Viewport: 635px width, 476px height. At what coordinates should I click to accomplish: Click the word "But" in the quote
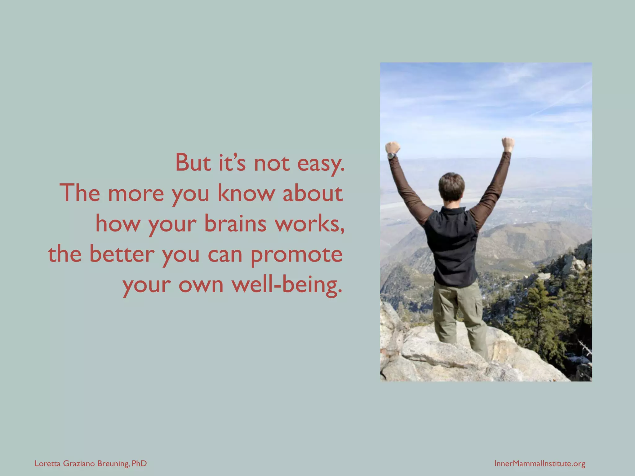click(x=193, y=163)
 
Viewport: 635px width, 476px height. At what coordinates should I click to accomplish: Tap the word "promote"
click(x=296, y=255)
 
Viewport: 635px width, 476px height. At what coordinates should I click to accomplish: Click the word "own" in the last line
click(x=201, y=284)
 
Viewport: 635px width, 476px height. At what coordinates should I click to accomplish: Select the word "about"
click(x=313, y=193)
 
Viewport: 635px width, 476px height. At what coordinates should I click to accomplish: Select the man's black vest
click(x=453, y=245)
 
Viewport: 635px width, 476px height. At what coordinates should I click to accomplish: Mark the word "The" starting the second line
click(x=81, y=193)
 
